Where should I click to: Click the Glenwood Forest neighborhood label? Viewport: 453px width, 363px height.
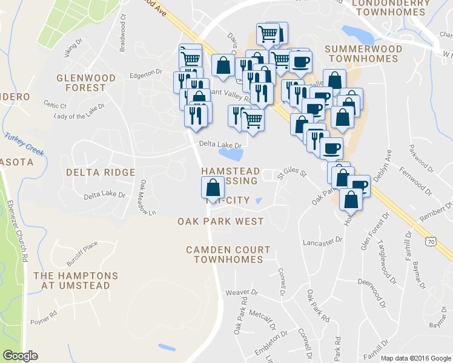click(x=85, y=82)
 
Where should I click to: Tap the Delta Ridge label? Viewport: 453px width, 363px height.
click(x=101, y=172)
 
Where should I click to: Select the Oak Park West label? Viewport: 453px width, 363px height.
click(x=220, y=221)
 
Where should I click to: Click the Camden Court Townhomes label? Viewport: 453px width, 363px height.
click(x=228, y=254)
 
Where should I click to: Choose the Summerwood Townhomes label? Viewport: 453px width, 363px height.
click(x=362, y=53)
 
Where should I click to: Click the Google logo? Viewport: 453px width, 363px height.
click(x=20, y=356)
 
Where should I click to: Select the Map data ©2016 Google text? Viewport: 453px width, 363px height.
click(x=415, y=358)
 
